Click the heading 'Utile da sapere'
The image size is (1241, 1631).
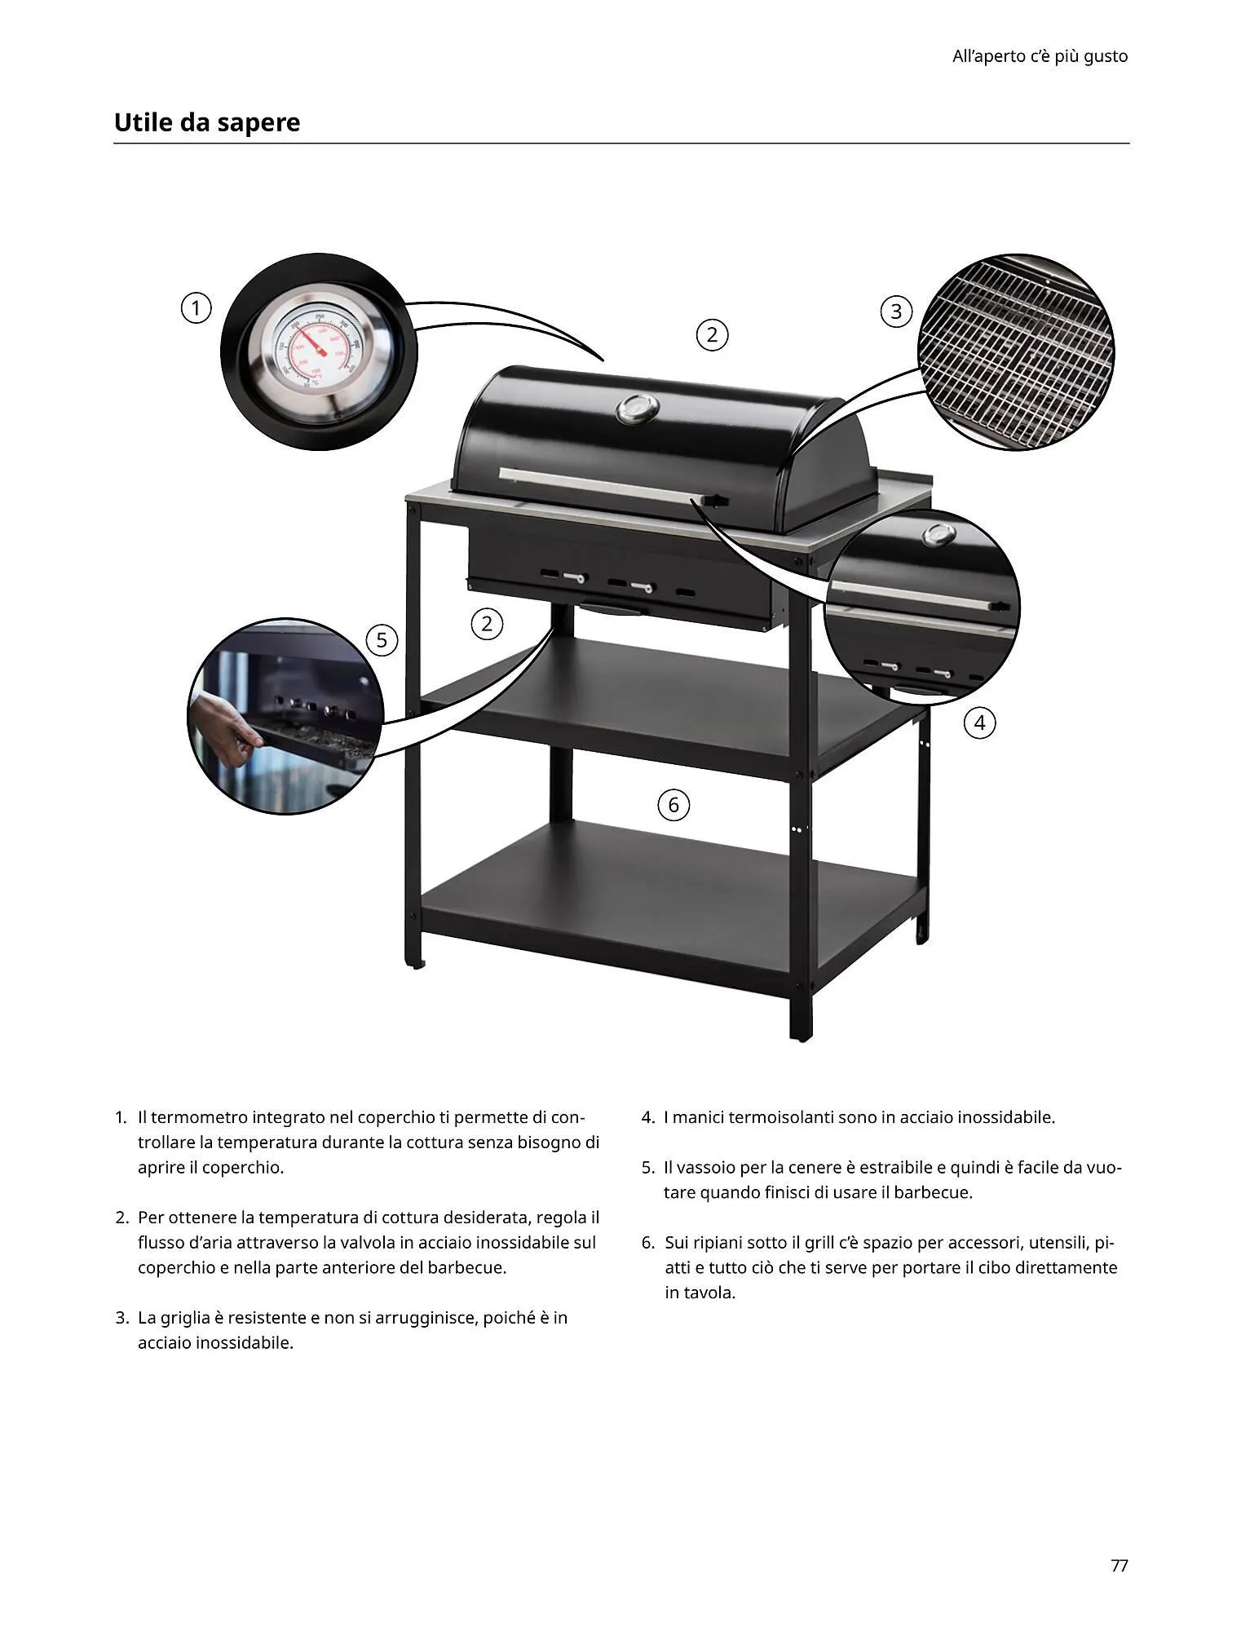point(207,122)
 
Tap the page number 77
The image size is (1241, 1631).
point(1119,1565)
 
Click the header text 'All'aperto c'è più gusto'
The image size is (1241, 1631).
point(1040,56)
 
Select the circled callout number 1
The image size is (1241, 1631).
point(196,308)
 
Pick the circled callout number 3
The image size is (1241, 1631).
point(896,312)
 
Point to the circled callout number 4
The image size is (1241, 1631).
point(980,723)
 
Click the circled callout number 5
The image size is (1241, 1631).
point(382,640)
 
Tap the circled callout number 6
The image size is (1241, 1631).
point(673,806)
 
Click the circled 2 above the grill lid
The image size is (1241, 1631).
point(712,334)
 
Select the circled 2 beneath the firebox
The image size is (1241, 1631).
point(487,625)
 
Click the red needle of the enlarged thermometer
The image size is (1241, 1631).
point(309,342)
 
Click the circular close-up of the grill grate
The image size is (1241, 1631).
point(1016,352)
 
